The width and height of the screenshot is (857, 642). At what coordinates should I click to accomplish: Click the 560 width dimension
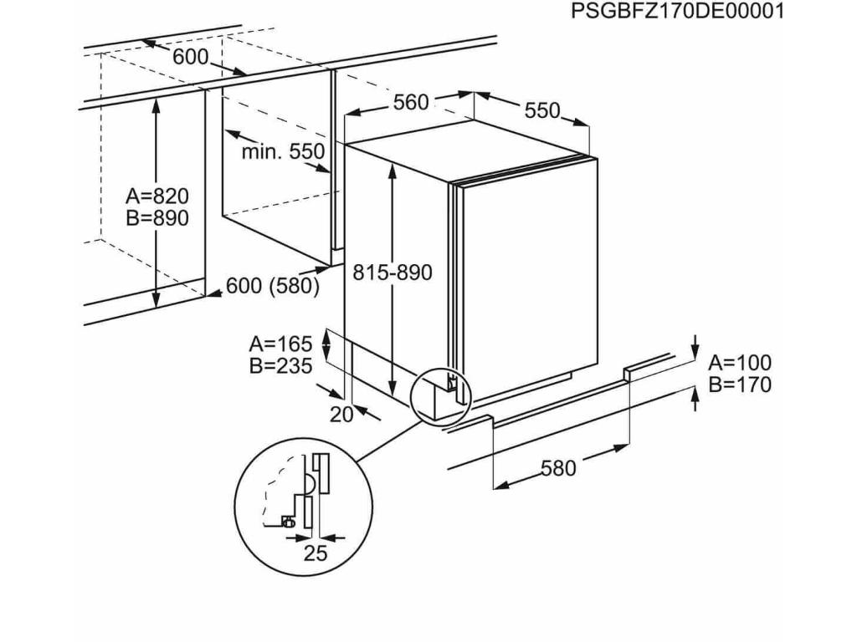411,102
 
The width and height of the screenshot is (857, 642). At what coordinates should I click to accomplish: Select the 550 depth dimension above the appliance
542,110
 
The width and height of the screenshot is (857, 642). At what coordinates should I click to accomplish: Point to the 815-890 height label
392,273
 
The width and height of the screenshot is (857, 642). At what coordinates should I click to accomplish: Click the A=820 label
157,196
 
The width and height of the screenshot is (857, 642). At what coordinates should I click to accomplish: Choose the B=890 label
157,218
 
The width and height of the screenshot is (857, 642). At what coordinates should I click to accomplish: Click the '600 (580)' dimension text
274,286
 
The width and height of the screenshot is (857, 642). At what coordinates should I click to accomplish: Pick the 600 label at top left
191,58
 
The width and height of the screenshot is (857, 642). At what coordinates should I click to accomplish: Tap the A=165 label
280,343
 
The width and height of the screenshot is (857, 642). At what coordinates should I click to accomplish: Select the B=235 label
280,365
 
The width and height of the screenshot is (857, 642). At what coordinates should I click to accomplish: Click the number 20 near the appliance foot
342,414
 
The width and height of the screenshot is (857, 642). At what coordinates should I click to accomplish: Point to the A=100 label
741,363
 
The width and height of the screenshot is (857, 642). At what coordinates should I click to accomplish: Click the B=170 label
741,385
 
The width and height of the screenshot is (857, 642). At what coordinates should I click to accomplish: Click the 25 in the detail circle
315,553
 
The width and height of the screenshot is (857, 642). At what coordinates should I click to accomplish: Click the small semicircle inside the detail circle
308,484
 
